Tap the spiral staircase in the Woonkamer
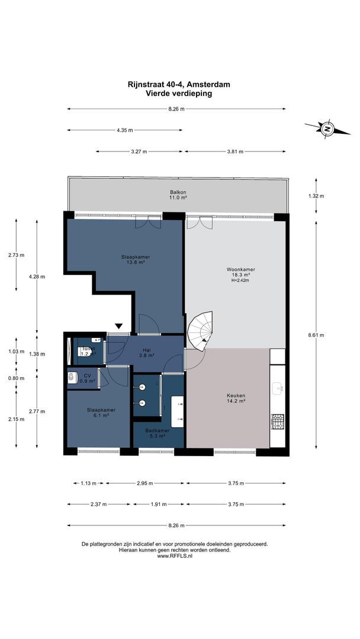point(200,331)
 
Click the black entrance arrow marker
point(119,325)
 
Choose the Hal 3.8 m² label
point(145,353)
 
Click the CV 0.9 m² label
point(87,378)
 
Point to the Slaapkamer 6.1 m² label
point(101,412)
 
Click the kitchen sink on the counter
point(278,389)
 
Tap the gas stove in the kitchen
point(278,422)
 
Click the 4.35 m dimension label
point(125,130)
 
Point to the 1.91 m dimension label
point(157,504)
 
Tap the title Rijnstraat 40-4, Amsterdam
point(178,85)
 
